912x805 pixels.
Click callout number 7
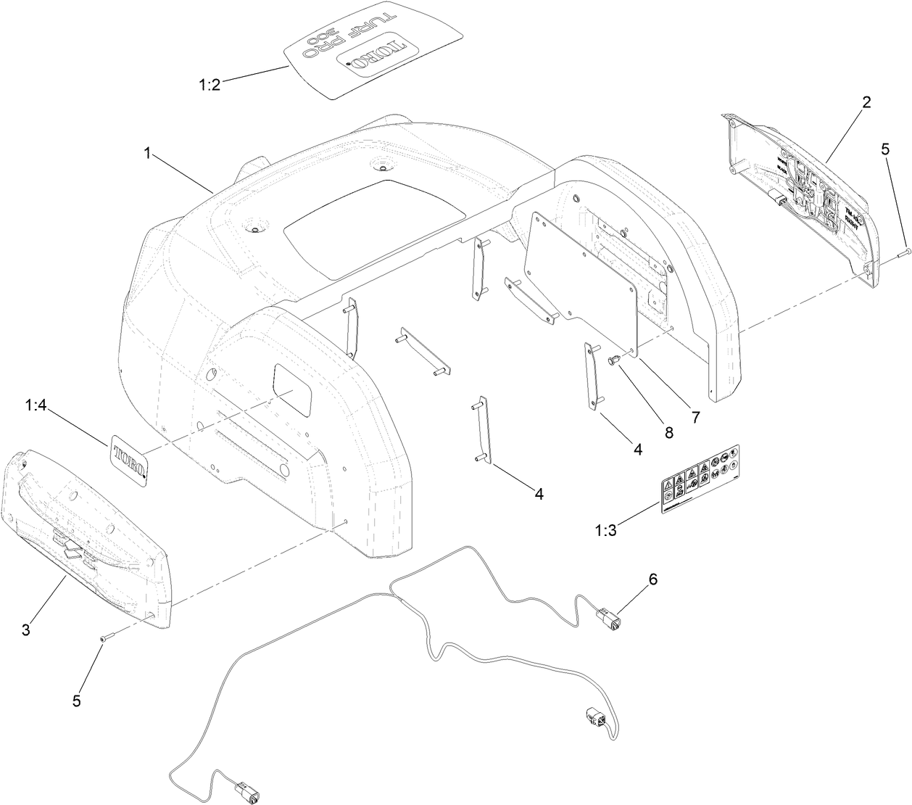(694, 417)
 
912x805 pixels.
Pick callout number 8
(668, 433)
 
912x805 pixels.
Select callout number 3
(25, 629)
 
